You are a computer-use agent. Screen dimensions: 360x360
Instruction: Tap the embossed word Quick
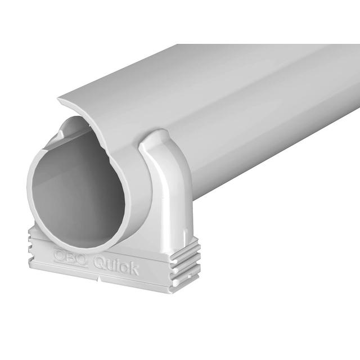coord(115,264)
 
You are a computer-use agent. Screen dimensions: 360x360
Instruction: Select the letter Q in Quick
coord(99,262)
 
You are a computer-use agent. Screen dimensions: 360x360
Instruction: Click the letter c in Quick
coord(123,267)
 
